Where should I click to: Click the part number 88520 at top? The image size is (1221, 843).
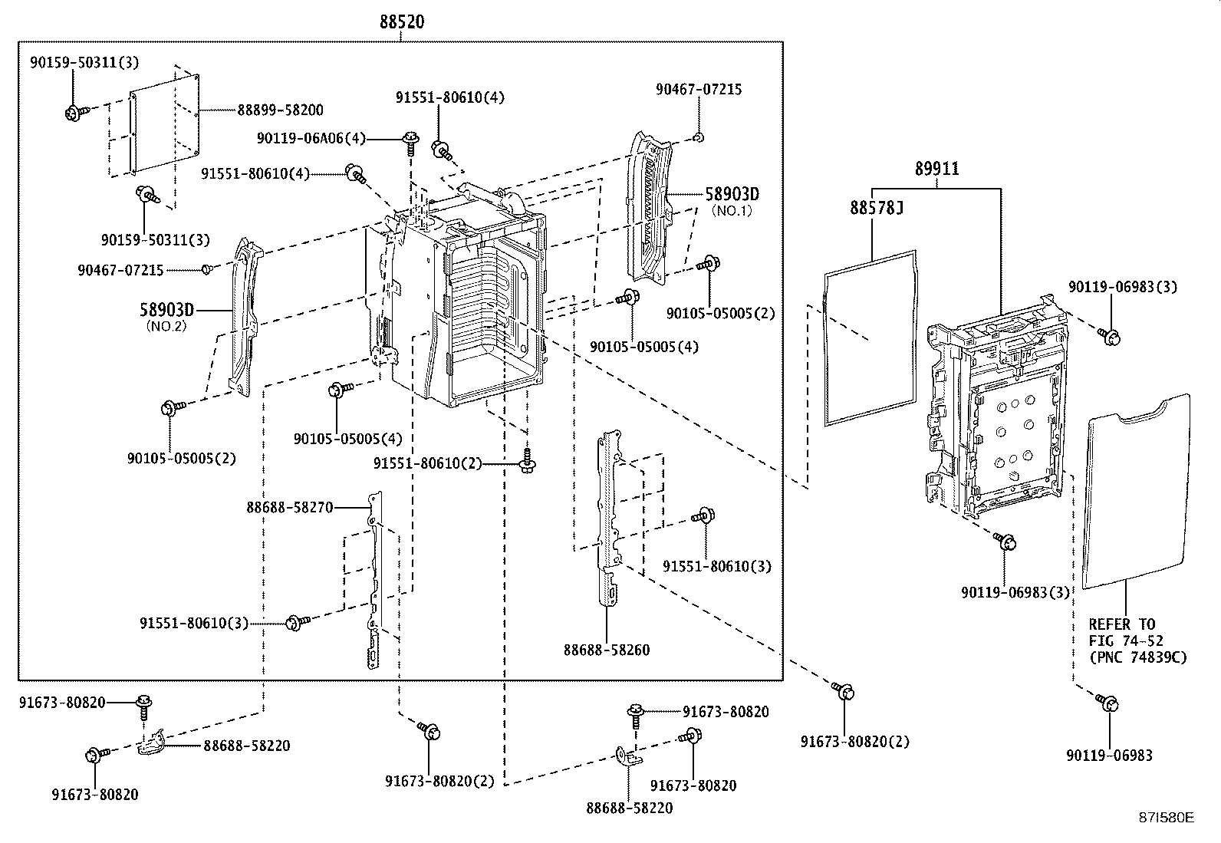[x=402, y=22]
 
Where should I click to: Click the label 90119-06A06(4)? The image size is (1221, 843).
[x=311, y=139]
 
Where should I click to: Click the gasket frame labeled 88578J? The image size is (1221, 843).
[x=870, y=338]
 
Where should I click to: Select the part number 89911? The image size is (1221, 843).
[x=936, y=169]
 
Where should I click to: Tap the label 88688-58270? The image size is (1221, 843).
[x=290, y=507]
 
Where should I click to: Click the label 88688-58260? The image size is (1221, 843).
[x=607, y=650]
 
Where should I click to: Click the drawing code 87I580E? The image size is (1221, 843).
[x=1166, y=818]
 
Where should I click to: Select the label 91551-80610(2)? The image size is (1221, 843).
[x=428, y=463]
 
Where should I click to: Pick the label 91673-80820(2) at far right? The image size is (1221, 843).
[x=844, y=742]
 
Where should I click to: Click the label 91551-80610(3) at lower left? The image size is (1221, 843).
[x=194, y=623]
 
